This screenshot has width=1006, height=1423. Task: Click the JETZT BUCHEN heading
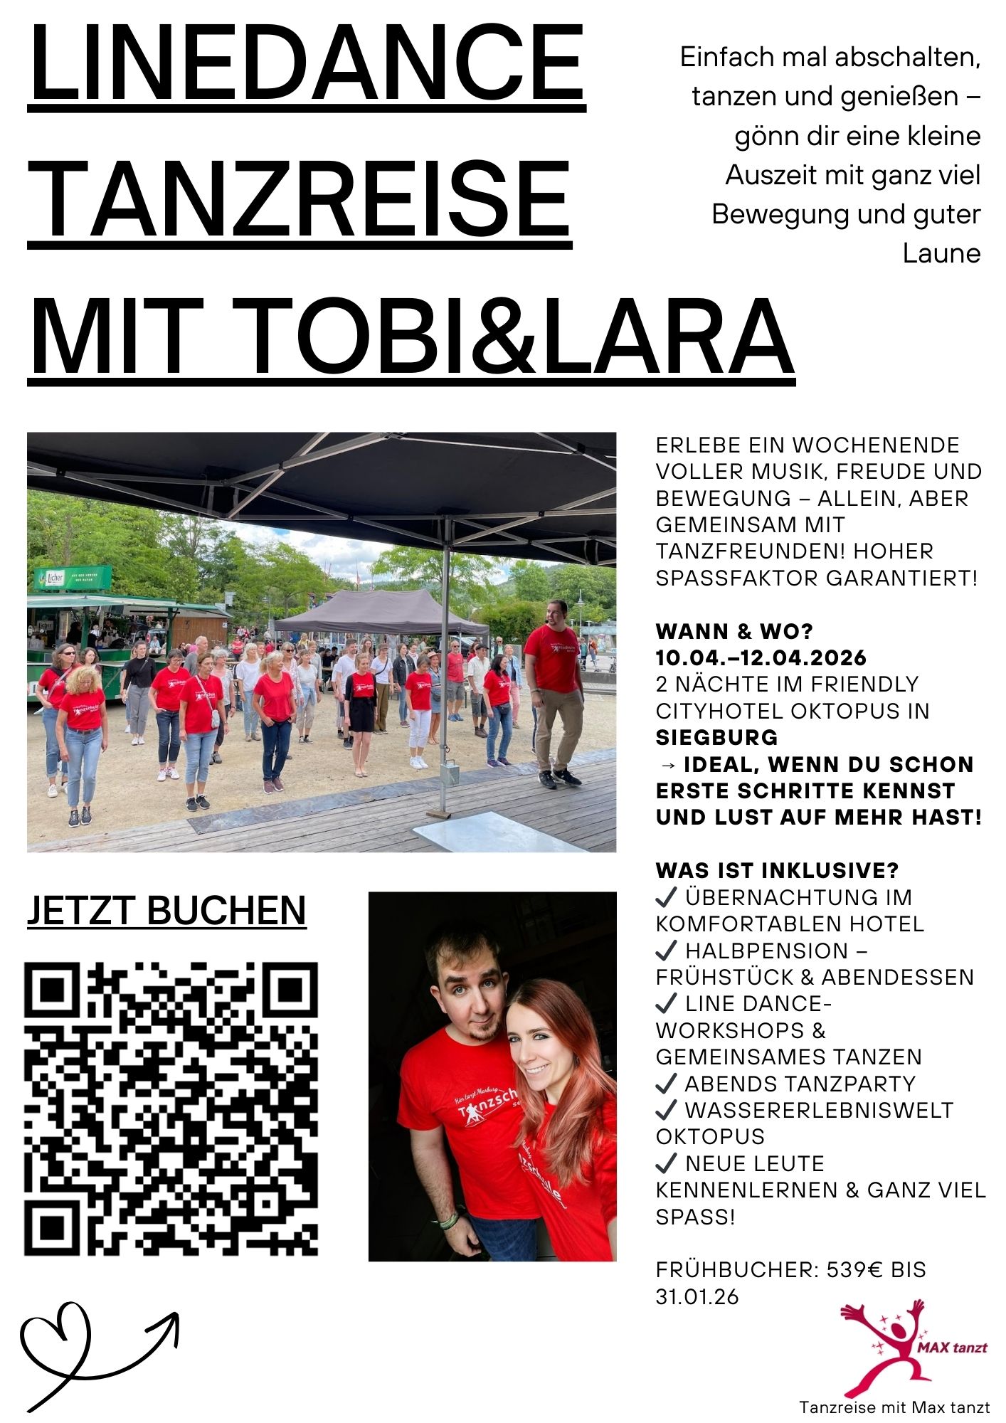(166, 910)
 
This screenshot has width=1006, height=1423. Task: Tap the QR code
(171, 1109)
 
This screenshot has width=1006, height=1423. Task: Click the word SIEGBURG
(716, 737)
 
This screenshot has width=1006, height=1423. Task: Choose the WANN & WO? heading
(734, 631)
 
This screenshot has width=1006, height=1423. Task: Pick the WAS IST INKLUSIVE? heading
(777, 870)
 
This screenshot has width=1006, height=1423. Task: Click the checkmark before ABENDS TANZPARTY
(666, 1084)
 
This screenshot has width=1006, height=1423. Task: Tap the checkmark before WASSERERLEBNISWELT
(666, 1110)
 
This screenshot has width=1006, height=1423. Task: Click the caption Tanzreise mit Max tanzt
(894, 1407)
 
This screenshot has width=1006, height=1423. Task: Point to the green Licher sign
(73, 578)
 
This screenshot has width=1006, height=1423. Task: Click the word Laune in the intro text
(941, 253)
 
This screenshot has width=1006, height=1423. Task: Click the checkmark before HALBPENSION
(666, 951)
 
